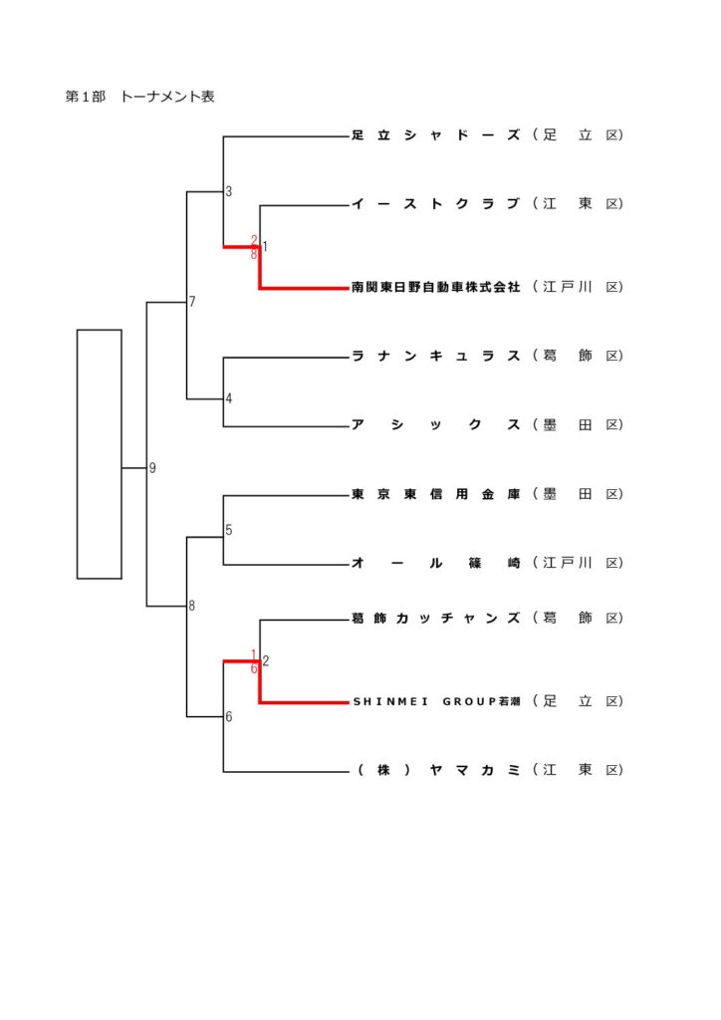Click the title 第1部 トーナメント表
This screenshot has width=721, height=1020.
[139, 97]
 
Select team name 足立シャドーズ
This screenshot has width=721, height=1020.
[435, 135]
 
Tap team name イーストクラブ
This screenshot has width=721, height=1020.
[435, 204]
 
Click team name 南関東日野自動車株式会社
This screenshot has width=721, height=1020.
[435, 287]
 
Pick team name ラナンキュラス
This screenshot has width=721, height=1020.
[435, 356]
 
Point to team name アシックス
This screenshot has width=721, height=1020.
[435, 425]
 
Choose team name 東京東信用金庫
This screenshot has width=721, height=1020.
[435, 494]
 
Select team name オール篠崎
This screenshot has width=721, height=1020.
[435, 563]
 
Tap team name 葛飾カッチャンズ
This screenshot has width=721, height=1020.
[435, 619]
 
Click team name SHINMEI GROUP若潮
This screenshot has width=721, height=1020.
[435, 701]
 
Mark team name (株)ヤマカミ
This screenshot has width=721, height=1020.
[435, 770]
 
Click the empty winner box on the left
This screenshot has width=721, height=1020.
[100, 453]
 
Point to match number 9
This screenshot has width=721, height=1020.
[152, 468]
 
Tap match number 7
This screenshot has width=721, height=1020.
[192, 302]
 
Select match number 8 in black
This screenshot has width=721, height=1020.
[192, 606]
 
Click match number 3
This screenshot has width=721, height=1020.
[229, 191]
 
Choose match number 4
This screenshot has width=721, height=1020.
[229, 399]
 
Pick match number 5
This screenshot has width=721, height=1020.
[229, 530]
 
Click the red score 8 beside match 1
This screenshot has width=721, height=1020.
[255, 255]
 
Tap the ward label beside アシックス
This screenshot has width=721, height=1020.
[578, 425]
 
